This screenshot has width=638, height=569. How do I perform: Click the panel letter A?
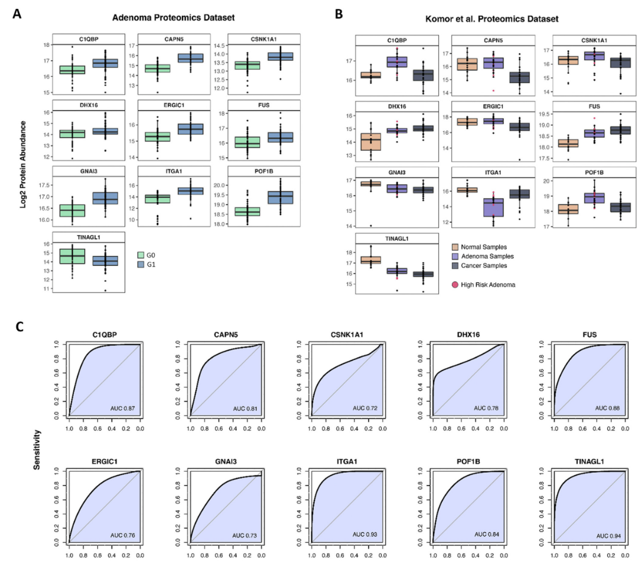point(17,13)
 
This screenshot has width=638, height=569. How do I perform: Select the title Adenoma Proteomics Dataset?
point(175,19)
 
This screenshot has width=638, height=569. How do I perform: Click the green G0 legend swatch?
point(141,255)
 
